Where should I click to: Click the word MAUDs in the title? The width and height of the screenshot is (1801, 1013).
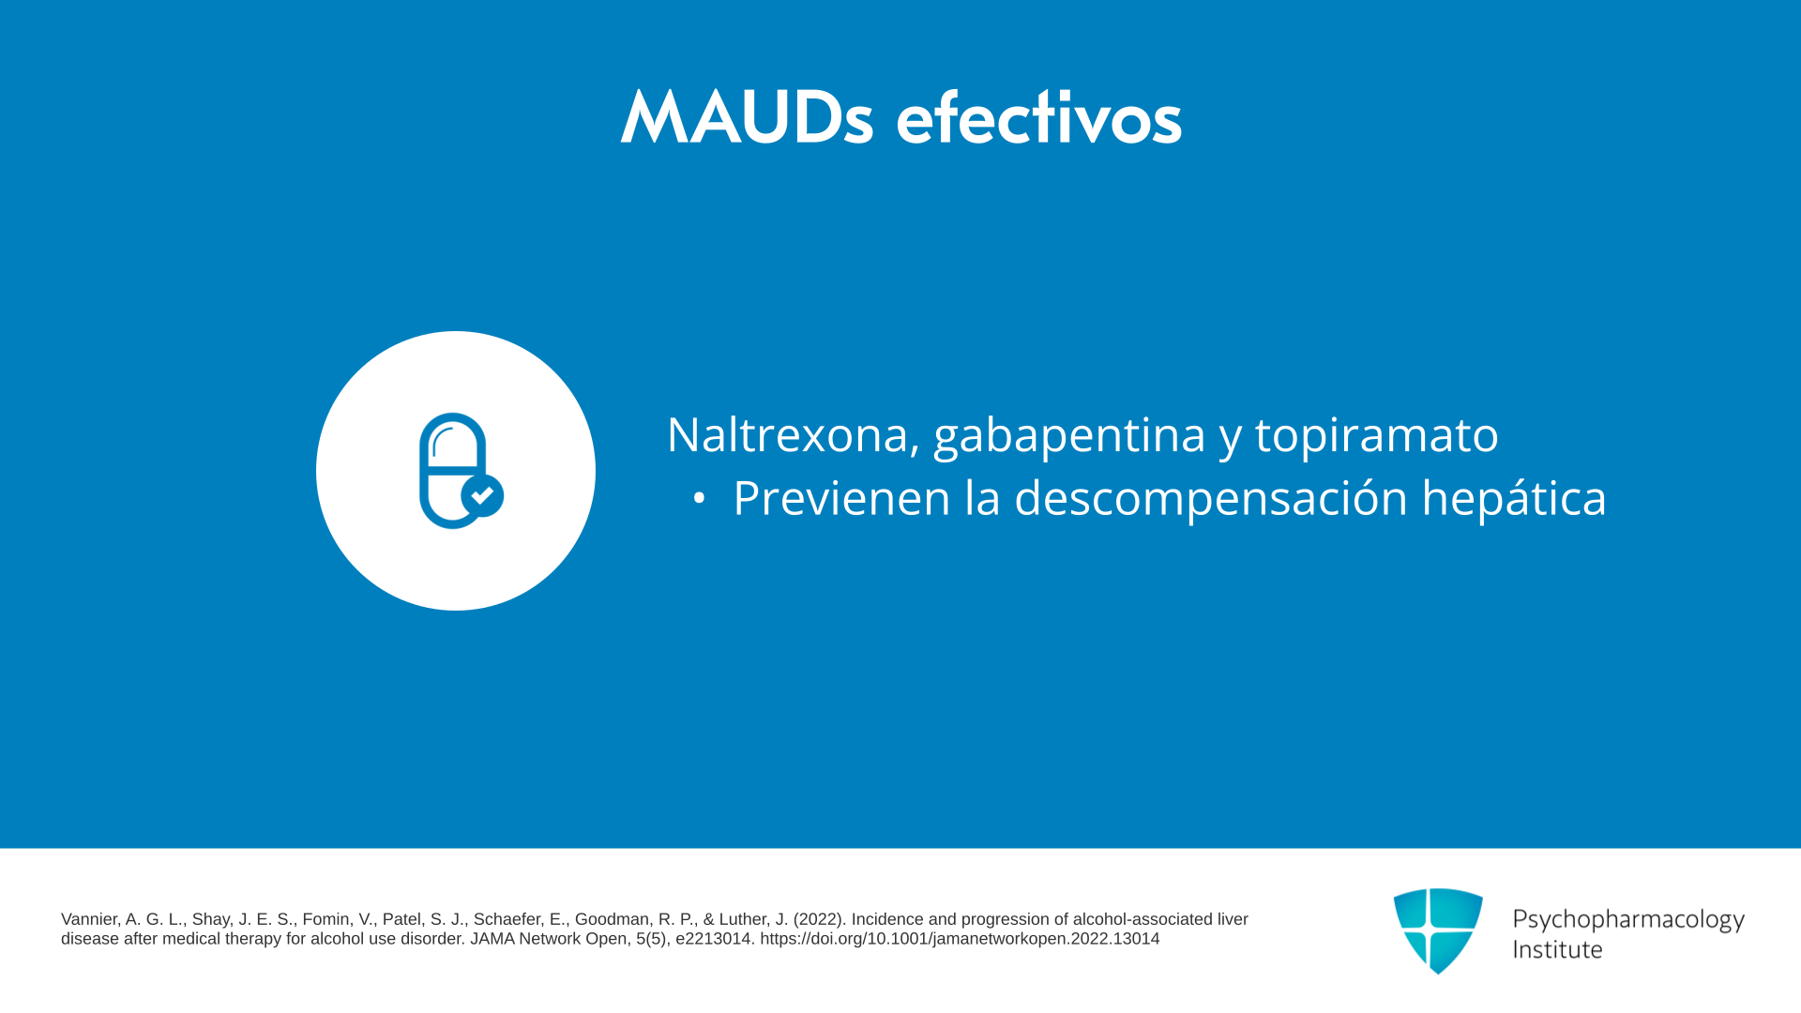tap(747, 118)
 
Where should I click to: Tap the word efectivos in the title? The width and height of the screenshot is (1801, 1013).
tap(1039, 118)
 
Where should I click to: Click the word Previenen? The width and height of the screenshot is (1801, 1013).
tap(841, 498)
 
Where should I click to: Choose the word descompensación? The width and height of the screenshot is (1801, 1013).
tap(1211, 498)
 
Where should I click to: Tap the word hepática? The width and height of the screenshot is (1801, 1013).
tap(1514, 498)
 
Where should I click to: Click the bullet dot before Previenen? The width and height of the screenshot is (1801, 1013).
tap(699, 499)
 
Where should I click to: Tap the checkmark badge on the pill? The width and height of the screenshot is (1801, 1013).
tap(482, 495)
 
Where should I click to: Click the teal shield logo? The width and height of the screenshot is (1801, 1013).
tap(1438, 930)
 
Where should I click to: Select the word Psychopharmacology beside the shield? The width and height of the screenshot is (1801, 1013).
tap(1628, 920)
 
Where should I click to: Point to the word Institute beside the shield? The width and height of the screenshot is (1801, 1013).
tap(1558, 949)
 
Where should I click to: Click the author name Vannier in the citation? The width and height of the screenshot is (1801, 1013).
tap(90, 919)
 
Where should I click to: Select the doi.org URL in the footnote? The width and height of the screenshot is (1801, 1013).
tap(960, 939)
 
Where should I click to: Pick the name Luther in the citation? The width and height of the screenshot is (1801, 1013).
tap(746, 919)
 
